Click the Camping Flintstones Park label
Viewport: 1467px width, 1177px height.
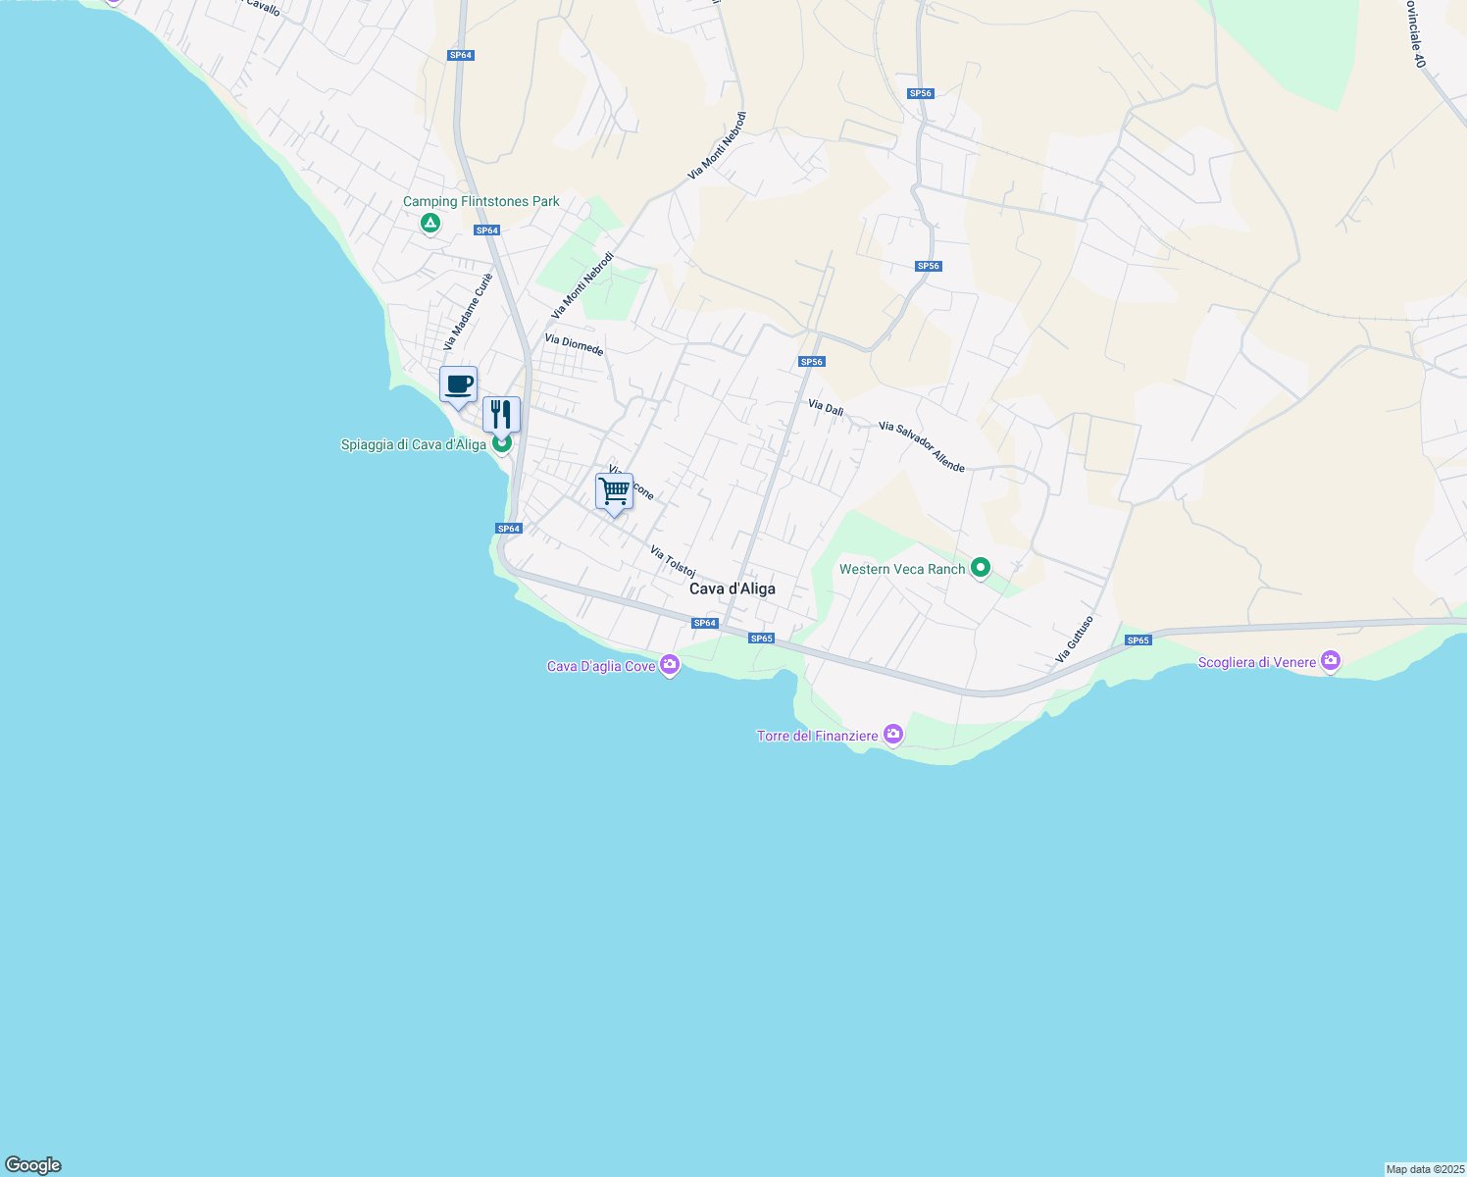click(481, 202)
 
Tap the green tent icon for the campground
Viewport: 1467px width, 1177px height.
click(430, 225)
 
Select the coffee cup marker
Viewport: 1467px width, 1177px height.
click(458, 384)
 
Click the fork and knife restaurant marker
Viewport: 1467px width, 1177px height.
click(501, 415)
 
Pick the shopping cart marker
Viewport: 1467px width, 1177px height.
click(614, 490)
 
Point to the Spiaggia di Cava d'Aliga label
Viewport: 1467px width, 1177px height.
click(413, 445)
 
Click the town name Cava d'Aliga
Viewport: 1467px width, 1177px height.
click(732, 588)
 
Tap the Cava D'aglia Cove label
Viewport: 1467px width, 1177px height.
click(600, 667)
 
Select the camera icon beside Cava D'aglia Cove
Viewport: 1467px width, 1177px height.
click(670, 665)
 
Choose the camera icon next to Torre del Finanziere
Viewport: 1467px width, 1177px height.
click(892, 734)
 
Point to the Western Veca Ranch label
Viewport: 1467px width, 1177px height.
click(902, 569)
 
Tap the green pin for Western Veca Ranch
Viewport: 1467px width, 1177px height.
click(980, 568)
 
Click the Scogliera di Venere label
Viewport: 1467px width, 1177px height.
click(1256, 663)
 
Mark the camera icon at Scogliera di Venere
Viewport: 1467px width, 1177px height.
click(1331, 660)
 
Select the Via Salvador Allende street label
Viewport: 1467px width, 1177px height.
click(922, 446)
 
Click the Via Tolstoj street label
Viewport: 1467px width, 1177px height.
click(673, 561)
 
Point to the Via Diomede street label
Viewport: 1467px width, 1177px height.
click(574, 344)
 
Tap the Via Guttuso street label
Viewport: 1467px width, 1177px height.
click(1075, 639)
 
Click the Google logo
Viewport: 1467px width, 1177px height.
click(33, 1165)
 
